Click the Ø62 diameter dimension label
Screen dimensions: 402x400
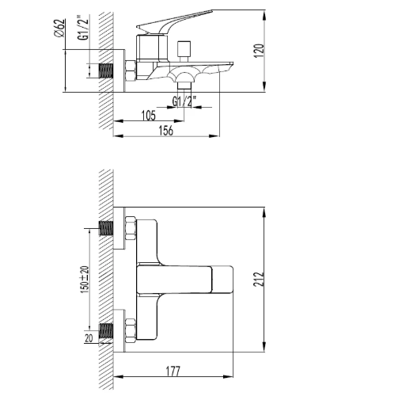pyautogui.click(x=60, y=29)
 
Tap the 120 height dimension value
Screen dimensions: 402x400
pyautogui.click(x=259, y=51)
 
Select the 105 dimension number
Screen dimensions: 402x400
pyautogui.click(x=149, y=116)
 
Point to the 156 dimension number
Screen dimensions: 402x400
pyautogui.click(x=166, y=131)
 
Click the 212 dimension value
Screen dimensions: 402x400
pyautogui.click(x=259, y=279)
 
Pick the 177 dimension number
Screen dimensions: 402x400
pyautogui.click(x=173, y=371)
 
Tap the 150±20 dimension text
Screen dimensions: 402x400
pyautogui.click(x=85, y=280)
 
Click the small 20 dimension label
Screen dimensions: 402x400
pyautogui.click(x=89, y=338)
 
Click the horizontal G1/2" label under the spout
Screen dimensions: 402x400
pyautogui.click(x=184, y=101)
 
